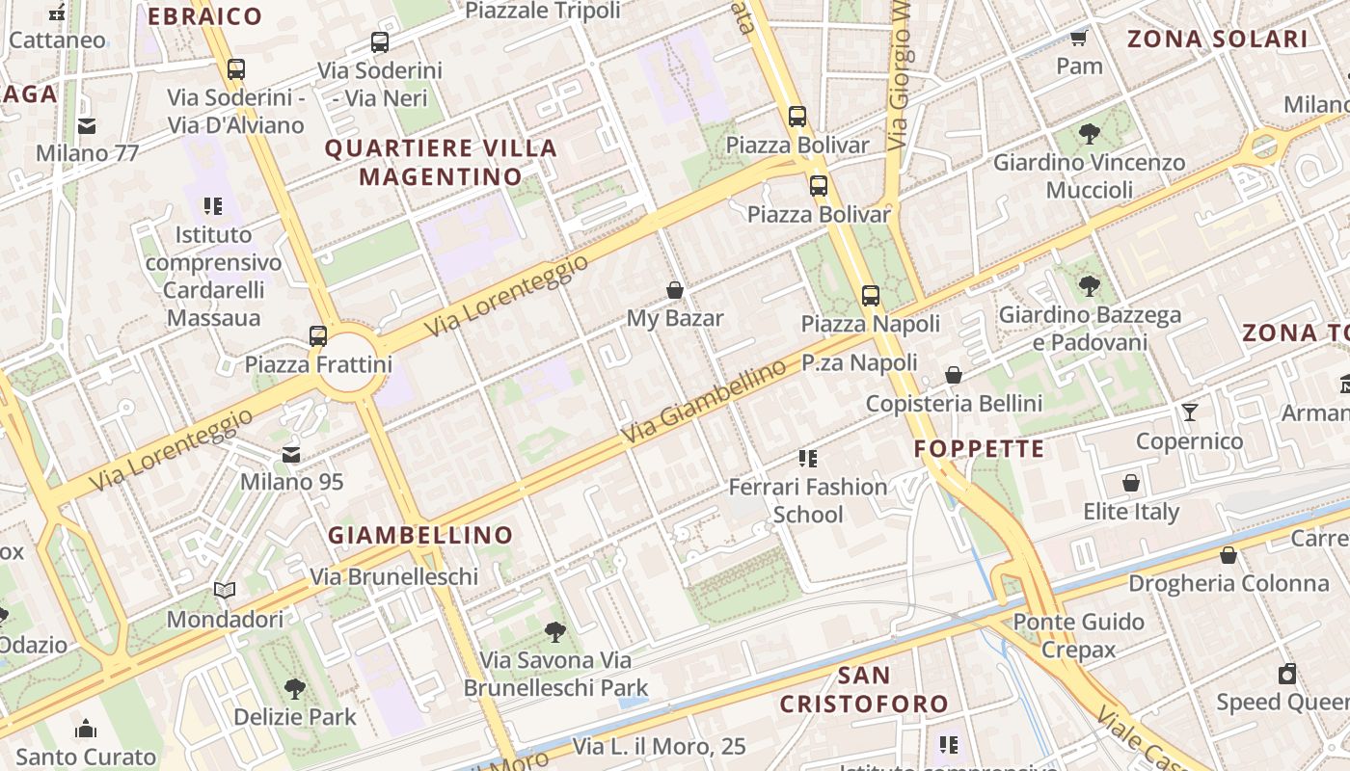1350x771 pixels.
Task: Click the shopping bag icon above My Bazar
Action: pyautogui.click(x=675, y=290)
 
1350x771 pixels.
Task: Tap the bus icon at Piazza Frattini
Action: pyautogui.click(x=318, y=336)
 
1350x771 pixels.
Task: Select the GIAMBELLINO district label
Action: pyautogui.click(x=420, y=535)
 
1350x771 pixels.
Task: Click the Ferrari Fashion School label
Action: pyautogui.click(x=808, y=500)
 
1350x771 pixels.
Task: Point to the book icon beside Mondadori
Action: pyautogui.click(x=225, y=591)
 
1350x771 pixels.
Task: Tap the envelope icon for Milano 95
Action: pyautogui.click(x=291, y=454)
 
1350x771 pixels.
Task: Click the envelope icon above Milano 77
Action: pyautogui.click(x=88, y=125)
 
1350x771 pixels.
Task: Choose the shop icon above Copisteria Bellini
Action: pyautogui.click(x=954, y=375)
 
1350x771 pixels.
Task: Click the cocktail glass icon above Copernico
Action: pyautogui.click(x=1190, y=412)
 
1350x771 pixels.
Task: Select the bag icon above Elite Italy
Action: pyautogui.click(x=1131, y=483)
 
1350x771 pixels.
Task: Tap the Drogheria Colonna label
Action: pyautogui.click(x=1228, y=583)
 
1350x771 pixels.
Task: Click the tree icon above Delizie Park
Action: pyautogui.click(x=295, y=689)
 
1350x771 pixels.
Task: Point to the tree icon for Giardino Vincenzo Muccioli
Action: pyautogui.click(x=1090, y=134)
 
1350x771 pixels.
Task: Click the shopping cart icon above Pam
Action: pyautogui.click(x=1079, y=39)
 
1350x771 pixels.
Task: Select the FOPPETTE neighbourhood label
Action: pyautogui.click(x=979, y=449)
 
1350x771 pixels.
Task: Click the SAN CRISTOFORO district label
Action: pyautogui.click(x=864, y=689)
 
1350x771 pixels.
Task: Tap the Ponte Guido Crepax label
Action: pyautogui.click(x=1078, y=635)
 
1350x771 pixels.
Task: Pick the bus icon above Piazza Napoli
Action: pyautogui.click(x=871, y=295)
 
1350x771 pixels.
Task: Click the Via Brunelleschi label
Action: pyautogui.click(x=393, y=576)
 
